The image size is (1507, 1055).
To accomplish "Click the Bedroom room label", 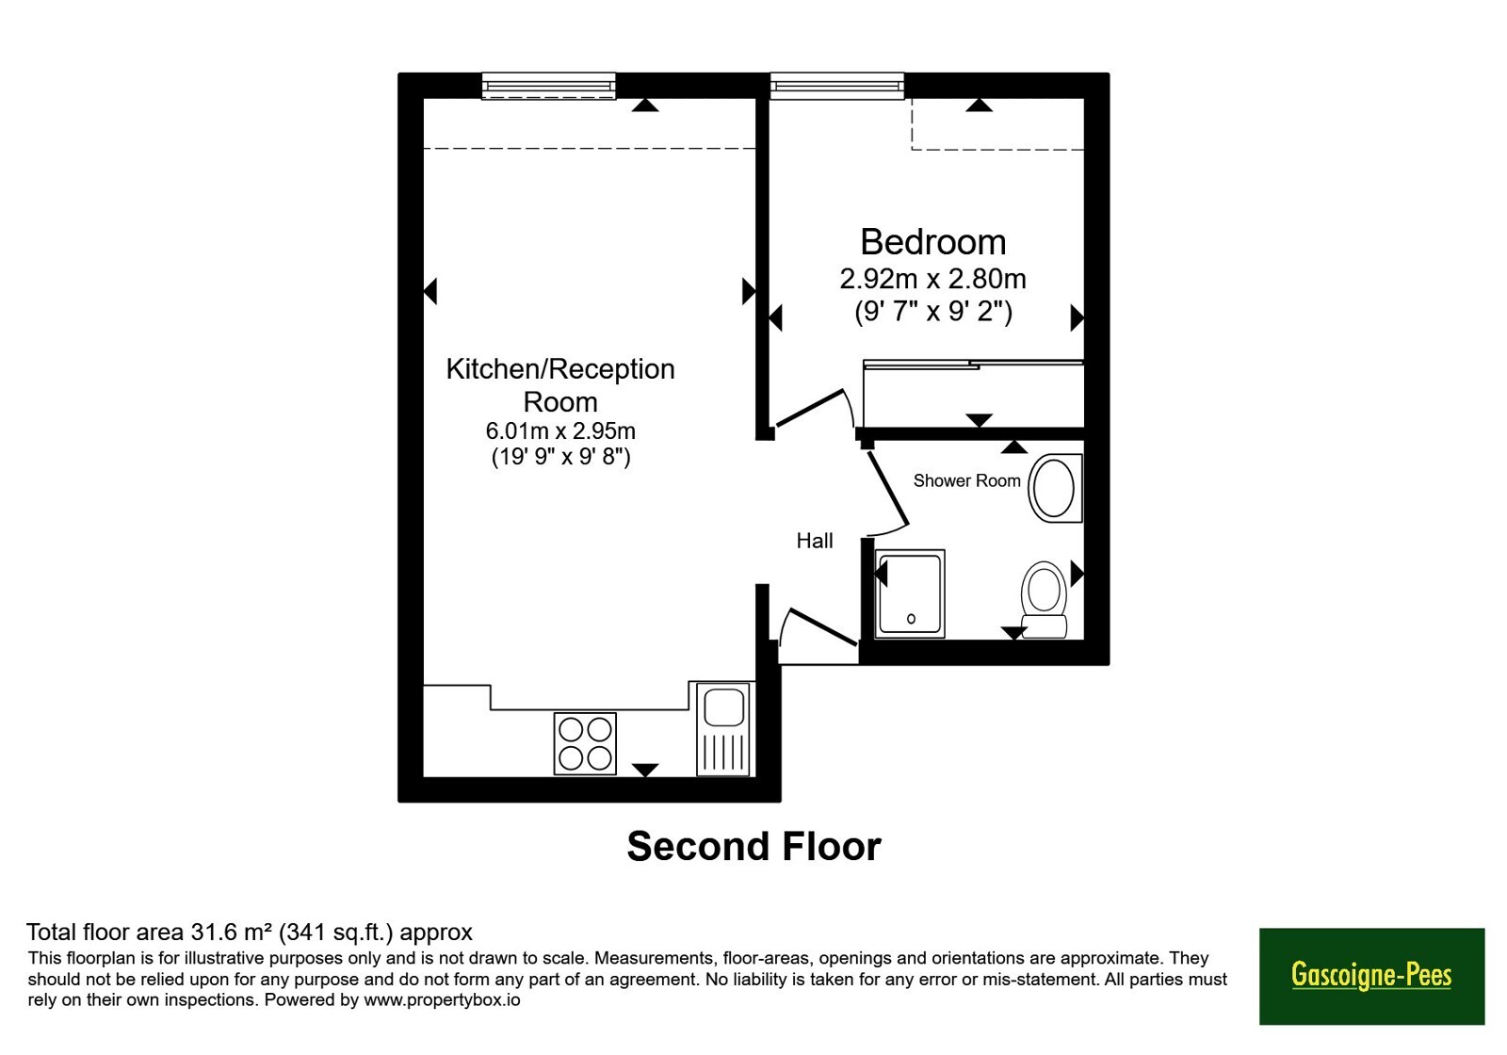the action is (x=933, y=242).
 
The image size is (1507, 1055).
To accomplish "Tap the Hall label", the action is (x=815, y=541).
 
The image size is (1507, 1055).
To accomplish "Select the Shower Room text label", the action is (x=966, y=480).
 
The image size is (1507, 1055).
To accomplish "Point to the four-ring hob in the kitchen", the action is (x=585, y=743).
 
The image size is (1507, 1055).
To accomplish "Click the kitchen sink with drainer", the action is (x=723, y=729).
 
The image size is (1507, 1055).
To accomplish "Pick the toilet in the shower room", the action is (x=1044, y=599).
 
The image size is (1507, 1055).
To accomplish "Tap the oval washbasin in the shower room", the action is (x=1054, y=488).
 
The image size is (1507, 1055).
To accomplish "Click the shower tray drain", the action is (x=911, y=618).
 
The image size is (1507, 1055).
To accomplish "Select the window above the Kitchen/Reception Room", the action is (x=549, y=86).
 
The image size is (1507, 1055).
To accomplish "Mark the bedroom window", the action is (x=837, y=86).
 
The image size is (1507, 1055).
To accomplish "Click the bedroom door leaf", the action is (x=810, y=408).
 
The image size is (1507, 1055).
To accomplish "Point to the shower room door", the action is (x=888, y=488).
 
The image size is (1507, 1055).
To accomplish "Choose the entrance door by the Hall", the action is (x=823, y=627).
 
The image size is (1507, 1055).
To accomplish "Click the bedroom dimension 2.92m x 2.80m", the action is (x=933, y=279).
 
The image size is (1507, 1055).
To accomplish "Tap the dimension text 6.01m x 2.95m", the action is (x=560, y=430).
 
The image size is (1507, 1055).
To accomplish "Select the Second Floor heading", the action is (x=754, y=847).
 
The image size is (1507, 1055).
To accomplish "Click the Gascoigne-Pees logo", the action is (x=1371, y=976).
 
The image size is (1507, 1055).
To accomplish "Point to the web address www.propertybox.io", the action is (x=442, y=999).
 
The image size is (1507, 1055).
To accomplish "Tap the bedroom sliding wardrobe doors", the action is (x=974, y=365).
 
